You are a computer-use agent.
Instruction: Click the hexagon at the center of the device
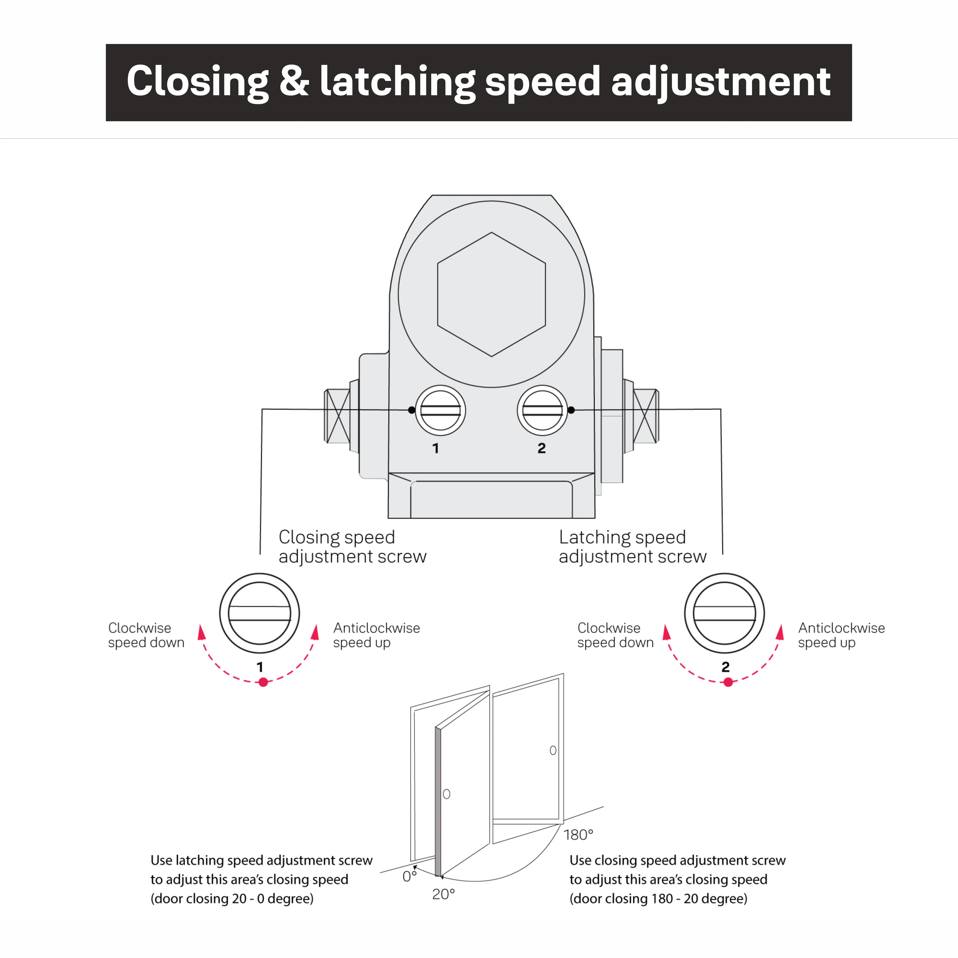point(491,294)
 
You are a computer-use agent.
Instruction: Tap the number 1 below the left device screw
point(435,448)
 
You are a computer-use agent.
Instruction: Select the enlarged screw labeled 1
point(259,613)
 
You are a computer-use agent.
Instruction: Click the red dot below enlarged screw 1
point(263,682)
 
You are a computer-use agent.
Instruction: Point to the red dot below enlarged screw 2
point(728,682)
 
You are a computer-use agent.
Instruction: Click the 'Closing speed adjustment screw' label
point(352,546)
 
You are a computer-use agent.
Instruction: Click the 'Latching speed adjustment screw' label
point(632,546)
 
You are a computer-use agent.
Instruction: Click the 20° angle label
point(443,894)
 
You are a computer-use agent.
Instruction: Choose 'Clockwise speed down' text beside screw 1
point(146,635)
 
